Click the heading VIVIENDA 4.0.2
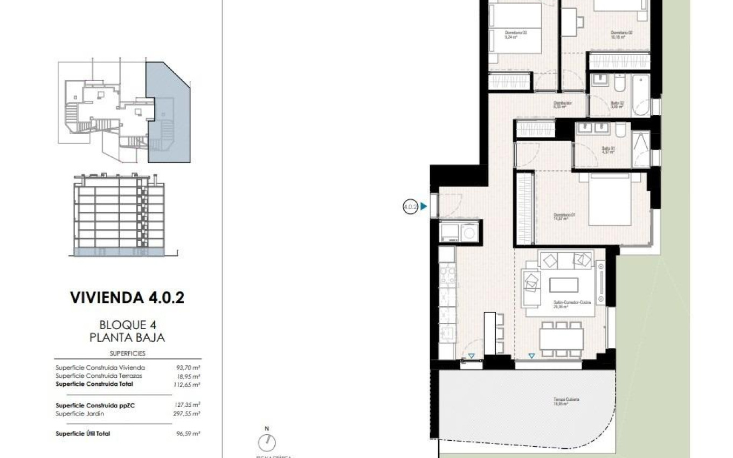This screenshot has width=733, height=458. click(127, 297)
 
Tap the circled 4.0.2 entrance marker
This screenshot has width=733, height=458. click(410, 206)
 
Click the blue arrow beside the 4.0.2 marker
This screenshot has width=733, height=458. click(424, 206)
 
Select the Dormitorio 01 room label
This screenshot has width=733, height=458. click(565, 216)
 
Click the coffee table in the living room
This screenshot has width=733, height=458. click(564, 284)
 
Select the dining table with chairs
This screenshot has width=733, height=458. click(561, 339)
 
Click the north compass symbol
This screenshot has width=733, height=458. click(266, 442)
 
